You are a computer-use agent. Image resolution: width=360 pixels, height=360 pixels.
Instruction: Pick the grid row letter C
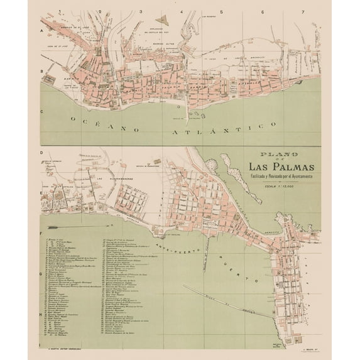tap(41, 112)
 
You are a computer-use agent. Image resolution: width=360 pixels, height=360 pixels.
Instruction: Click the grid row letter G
tap(41, 275)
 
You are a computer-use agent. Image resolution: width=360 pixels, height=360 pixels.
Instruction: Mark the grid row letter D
tap(41, 153)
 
